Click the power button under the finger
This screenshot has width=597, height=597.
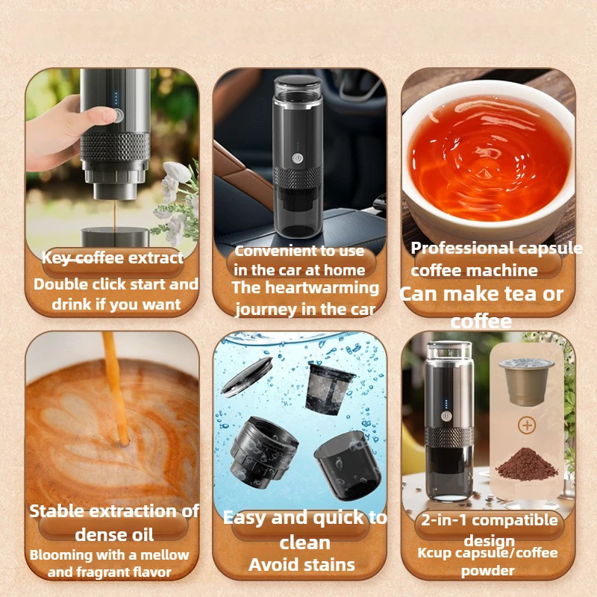116,115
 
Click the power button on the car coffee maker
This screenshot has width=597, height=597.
297,157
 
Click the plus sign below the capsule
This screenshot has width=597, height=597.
528,425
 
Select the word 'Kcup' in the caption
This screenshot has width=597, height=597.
434,553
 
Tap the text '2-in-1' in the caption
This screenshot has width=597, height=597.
445,520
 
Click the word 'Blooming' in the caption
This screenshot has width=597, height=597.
61,555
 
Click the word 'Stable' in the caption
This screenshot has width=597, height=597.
57,511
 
